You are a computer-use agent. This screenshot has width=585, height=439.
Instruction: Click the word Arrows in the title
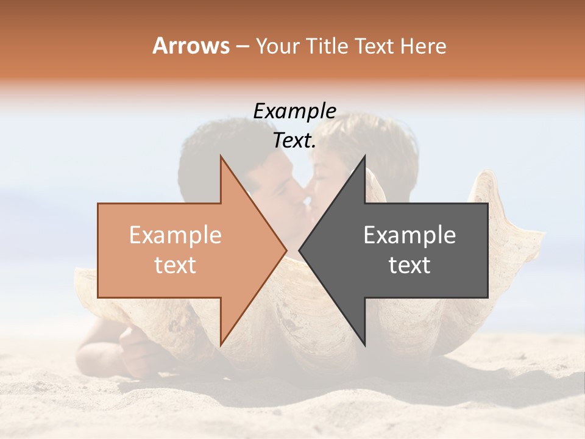[191, 46]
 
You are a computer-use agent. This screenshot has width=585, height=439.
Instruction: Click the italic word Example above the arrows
[294, 111]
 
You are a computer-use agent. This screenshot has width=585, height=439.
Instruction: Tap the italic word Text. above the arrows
[294, 141]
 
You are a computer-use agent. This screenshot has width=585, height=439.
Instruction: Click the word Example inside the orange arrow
[175, 235]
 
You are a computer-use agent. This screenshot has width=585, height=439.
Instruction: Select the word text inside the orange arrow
[175, 265]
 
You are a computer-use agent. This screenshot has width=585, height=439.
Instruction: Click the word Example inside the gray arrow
[409, 235]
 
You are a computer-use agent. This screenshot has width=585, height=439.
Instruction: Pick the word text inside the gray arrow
[409, 265]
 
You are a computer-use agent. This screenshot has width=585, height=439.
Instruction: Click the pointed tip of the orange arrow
[286, 250]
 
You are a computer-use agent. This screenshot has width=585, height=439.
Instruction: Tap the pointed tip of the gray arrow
[299, 250]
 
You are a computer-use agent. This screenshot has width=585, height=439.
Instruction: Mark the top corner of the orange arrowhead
[221, 156]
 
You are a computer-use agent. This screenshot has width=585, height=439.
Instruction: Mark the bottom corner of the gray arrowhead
[364, 345]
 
